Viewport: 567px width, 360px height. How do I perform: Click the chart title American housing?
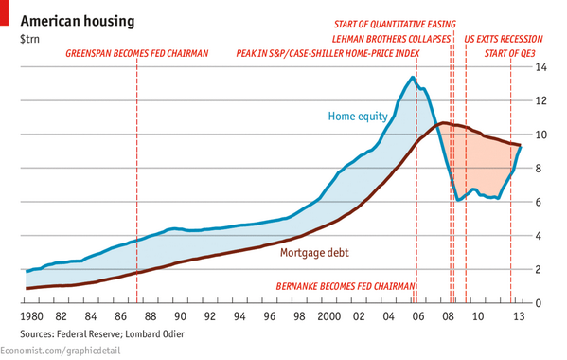pyautogui.click(x=77, y=20)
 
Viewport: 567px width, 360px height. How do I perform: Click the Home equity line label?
pyautogui.click(x=357, y=117)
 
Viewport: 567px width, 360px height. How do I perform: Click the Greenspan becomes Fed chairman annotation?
pyautogui.click(x=136, y=54)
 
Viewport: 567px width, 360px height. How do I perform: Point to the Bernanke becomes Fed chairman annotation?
pyautogui.click(x=345, y=285)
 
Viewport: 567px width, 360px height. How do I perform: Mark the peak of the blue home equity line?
pyautogui.click(x=413, y=78)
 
